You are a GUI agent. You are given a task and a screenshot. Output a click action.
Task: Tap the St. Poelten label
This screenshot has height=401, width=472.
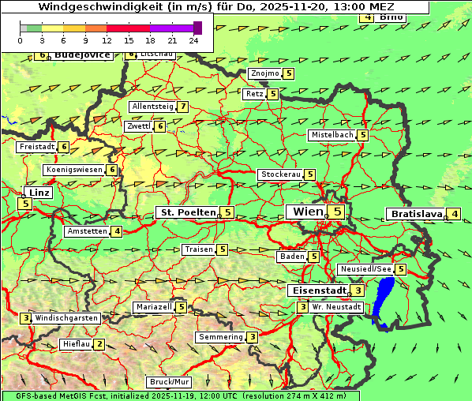(186, 212)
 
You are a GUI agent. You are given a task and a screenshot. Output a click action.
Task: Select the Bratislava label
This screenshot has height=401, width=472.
(415, 214)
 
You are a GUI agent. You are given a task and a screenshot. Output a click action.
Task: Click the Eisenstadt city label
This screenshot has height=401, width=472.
(319, 290)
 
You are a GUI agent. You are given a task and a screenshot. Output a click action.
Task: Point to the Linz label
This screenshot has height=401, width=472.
(38, 193)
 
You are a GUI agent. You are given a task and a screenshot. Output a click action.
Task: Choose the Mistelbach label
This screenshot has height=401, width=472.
(332, 135)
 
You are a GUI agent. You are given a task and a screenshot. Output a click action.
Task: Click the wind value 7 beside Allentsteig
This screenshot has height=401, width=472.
(183, 107)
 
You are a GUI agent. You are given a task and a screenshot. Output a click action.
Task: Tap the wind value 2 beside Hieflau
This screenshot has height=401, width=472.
(99, 344)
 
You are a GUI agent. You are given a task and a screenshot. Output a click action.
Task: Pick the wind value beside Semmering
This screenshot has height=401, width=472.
(252, 337)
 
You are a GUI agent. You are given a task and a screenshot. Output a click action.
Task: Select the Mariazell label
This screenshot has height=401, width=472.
(153, 307)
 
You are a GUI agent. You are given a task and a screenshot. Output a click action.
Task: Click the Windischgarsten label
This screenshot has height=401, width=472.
(66, 318)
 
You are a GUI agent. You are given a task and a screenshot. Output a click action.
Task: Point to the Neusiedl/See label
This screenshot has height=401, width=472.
(365, 269)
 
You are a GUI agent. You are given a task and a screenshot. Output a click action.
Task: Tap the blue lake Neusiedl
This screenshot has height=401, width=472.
(384, 300)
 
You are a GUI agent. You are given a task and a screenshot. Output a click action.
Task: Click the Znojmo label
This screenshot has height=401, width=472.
(264, 73)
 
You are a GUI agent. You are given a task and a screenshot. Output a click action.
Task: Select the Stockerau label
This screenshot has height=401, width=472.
(280, 174)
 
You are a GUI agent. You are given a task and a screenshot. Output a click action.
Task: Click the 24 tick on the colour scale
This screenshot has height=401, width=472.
(194, 40)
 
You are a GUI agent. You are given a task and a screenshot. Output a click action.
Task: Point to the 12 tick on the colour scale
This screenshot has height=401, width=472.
(107, 40)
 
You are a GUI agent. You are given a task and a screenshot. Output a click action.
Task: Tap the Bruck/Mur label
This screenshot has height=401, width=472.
(170, 382)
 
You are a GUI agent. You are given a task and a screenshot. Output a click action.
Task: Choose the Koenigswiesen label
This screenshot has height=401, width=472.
(74, 170)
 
